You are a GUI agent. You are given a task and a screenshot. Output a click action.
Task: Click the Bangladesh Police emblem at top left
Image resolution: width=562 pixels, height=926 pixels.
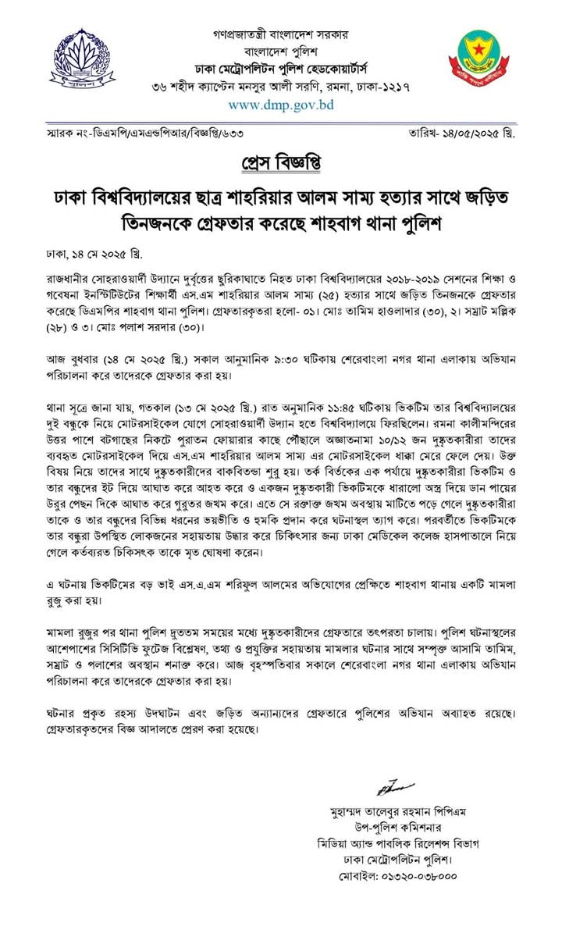pyautogui.click(x=76, y=57)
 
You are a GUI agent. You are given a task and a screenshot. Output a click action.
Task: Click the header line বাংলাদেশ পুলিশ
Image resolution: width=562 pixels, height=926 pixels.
pyautogui.click(x=282, y=52)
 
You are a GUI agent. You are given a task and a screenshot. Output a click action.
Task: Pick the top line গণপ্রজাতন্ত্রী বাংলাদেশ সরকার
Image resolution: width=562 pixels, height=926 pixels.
pyautogui.click(x=282, y=35)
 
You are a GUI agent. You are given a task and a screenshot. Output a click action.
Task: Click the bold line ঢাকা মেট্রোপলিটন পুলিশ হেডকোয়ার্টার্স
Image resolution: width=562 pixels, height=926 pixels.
pyautogui.click(x=282, y=69)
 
